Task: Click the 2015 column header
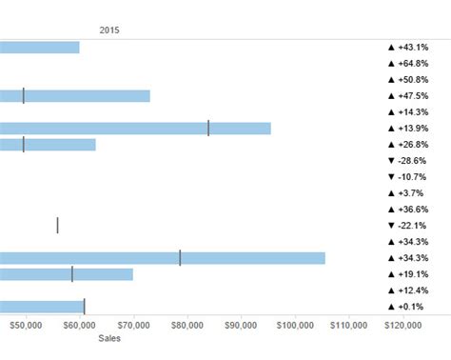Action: coord(109,30)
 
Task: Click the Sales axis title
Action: coord(109,337)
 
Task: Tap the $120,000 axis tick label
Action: coord(403,325)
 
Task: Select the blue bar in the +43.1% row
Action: coord(39,48)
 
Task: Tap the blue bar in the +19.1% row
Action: coord(67,274)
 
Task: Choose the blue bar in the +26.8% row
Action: coord(48,145)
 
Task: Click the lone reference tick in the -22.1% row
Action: coord(57,226)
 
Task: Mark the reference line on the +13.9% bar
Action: coord(208,129)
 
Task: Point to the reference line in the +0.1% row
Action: coord(84,307)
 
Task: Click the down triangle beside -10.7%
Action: coord(391,177)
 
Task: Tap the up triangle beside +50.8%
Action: coord(391,80)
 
